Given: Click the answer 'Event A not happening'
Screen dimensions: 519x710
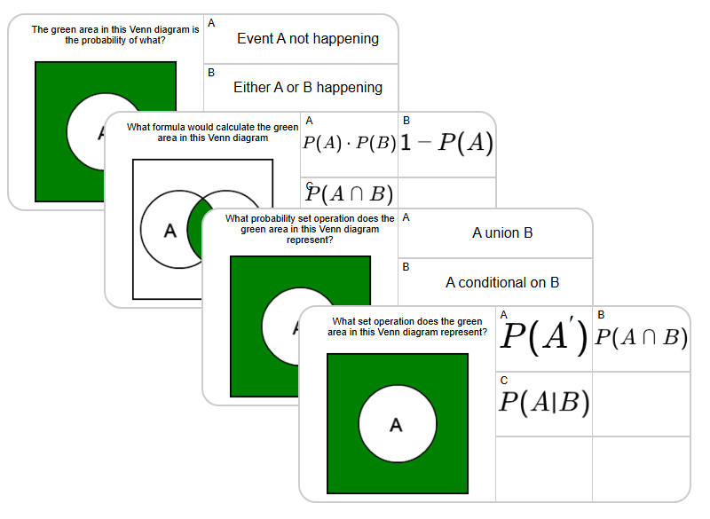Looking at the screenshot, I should (x=307, y=39).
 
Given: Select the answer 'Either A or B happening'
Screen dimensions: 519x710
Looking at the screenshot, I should (x=307, y=88).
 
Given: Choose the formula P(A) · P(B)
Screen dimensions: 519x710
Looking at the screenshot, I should (x=349, y=144).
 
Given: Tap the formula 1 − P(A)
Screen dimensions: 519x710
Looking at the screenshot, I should (x=446, y=143).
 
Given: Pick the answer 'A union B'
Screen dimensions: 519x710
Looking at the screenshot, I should (x=502, y=233).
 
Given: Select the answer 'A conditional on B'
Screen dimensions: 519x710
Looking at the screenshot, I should (x=502, y=283).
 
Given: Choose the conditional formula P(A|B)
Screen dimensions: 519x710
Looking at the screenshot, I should (x=543, y=403).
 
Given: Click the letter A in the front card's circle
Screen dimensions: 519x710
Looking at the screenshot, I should (x=396, y=426).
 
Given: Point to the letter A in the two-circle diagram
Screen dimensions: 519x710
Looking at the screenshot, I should (x=170, y=231).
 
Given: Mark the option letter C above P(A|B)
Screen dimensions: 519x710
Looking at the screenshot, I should (x=504, y=380).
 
